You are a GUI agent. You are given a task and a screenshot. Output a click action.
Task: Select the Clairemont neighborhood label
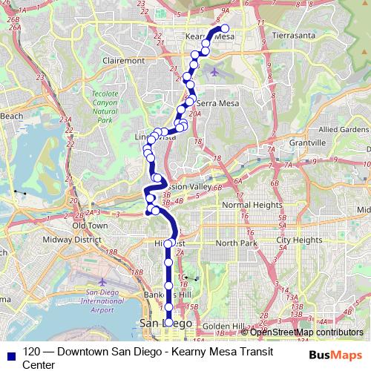[125, 60]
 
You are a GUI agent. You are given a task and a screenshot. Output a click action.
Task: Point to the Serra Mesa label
[216, 103]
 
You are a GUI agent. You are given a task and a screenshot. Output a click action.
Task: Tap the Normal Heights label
[252, 204]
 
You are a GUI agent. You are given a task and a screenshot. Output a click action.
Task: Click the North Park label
[235, 243]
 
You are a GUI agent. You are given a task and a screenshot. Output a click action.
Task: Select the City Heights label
[299, 240]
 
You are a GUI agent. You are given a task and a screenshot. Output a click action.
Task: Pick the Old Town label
[91, 225]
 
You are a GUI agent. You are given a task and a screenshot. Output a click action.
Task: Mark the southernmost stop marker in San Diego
[168, 323]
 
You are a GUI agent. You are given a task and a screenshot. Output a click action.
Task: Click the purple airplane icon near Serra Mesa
[215, 72]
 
